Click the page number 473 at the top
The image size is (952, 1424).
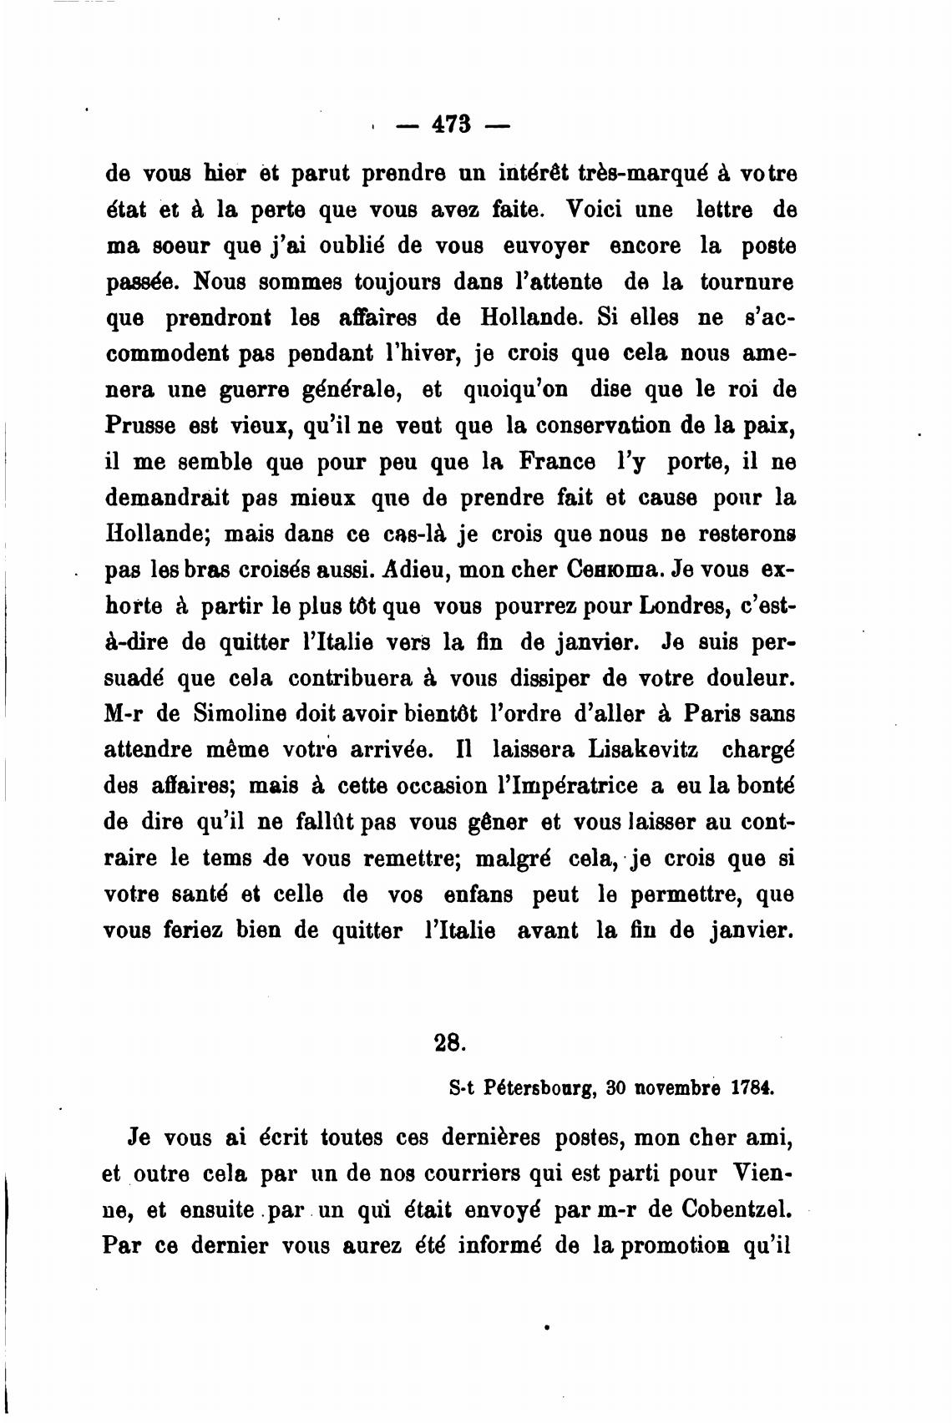pos(452,124)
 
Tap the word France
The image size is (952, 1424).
pos(557,462)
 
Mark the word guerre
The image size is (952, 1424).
pos(249,390)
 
